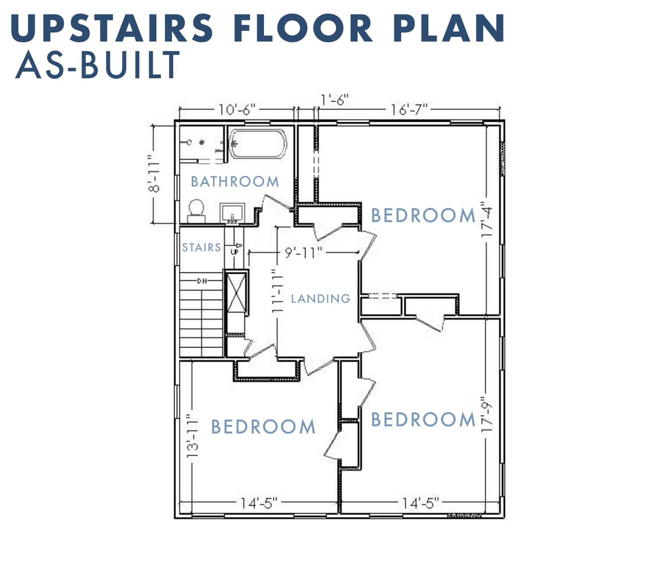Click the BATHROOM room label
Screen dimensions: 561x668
235,181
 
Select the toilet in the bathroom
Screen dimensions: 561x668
196,211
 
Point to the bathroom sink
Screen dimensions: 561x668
232,213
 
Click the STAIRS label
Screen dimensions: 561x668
202,248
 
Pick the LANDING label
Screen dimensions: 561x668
320,298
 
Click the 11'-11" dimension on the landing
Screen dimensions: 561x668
277,291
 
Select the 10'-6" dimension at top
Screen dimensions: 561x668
237,109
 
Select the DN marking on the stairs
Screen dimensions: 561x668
202,281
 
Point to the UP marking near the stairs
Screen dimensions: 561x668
235,252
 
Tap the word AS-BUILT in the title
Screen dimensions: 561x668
98,65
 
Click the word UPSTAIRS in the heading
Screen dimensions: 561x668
112,28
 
